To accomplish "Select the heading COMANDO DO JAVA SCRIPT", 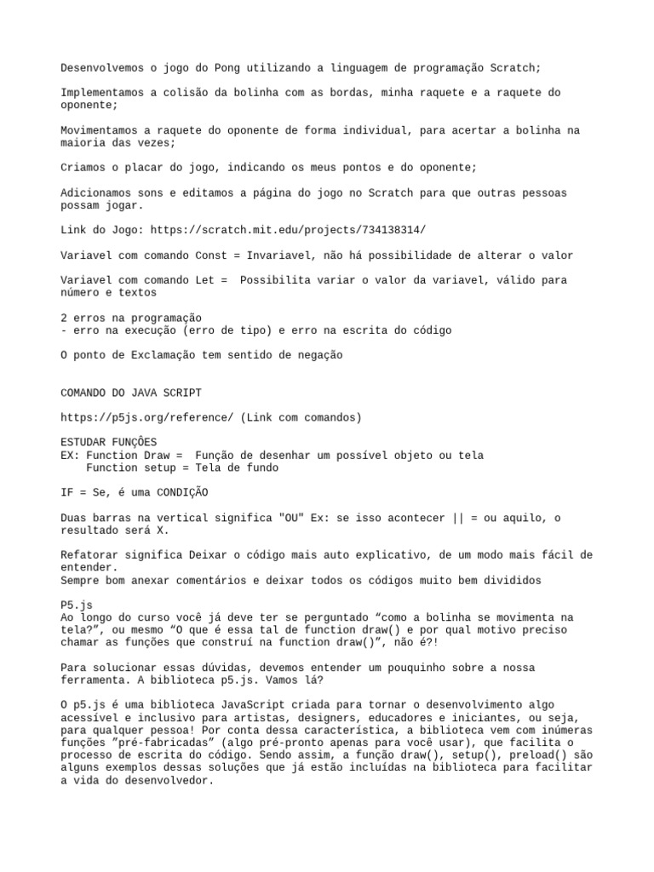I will [x=131, y=393].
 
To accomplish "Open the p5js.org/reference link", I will [x=146, y=417].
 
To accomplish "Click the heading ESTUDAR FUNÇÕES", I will [x=109, y=443].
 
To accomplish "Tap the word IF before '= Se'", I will [x=67, y=493].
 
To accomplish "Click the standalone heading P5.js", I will [x=77, y=605].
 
